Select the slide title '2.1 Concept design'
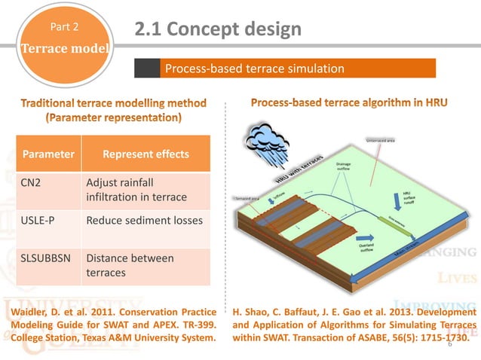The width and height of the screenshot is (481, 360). pyautogui.click(x=218, y=29)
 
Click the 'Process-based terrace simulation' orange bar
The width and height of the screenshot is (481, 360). pyautogui.click(x=285, y=69)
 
